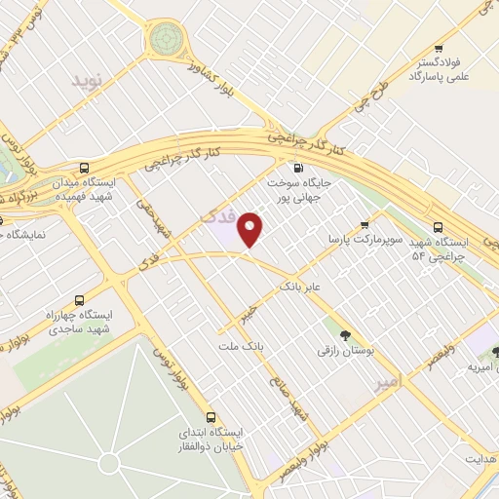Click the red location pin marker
point(250,228)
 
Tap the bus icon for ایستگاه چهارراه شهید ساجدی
point(79,300)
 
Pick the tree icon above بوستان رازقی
point(343,334)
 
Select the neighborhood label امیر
point(388,383)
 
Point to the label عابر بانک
point(299,288)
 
